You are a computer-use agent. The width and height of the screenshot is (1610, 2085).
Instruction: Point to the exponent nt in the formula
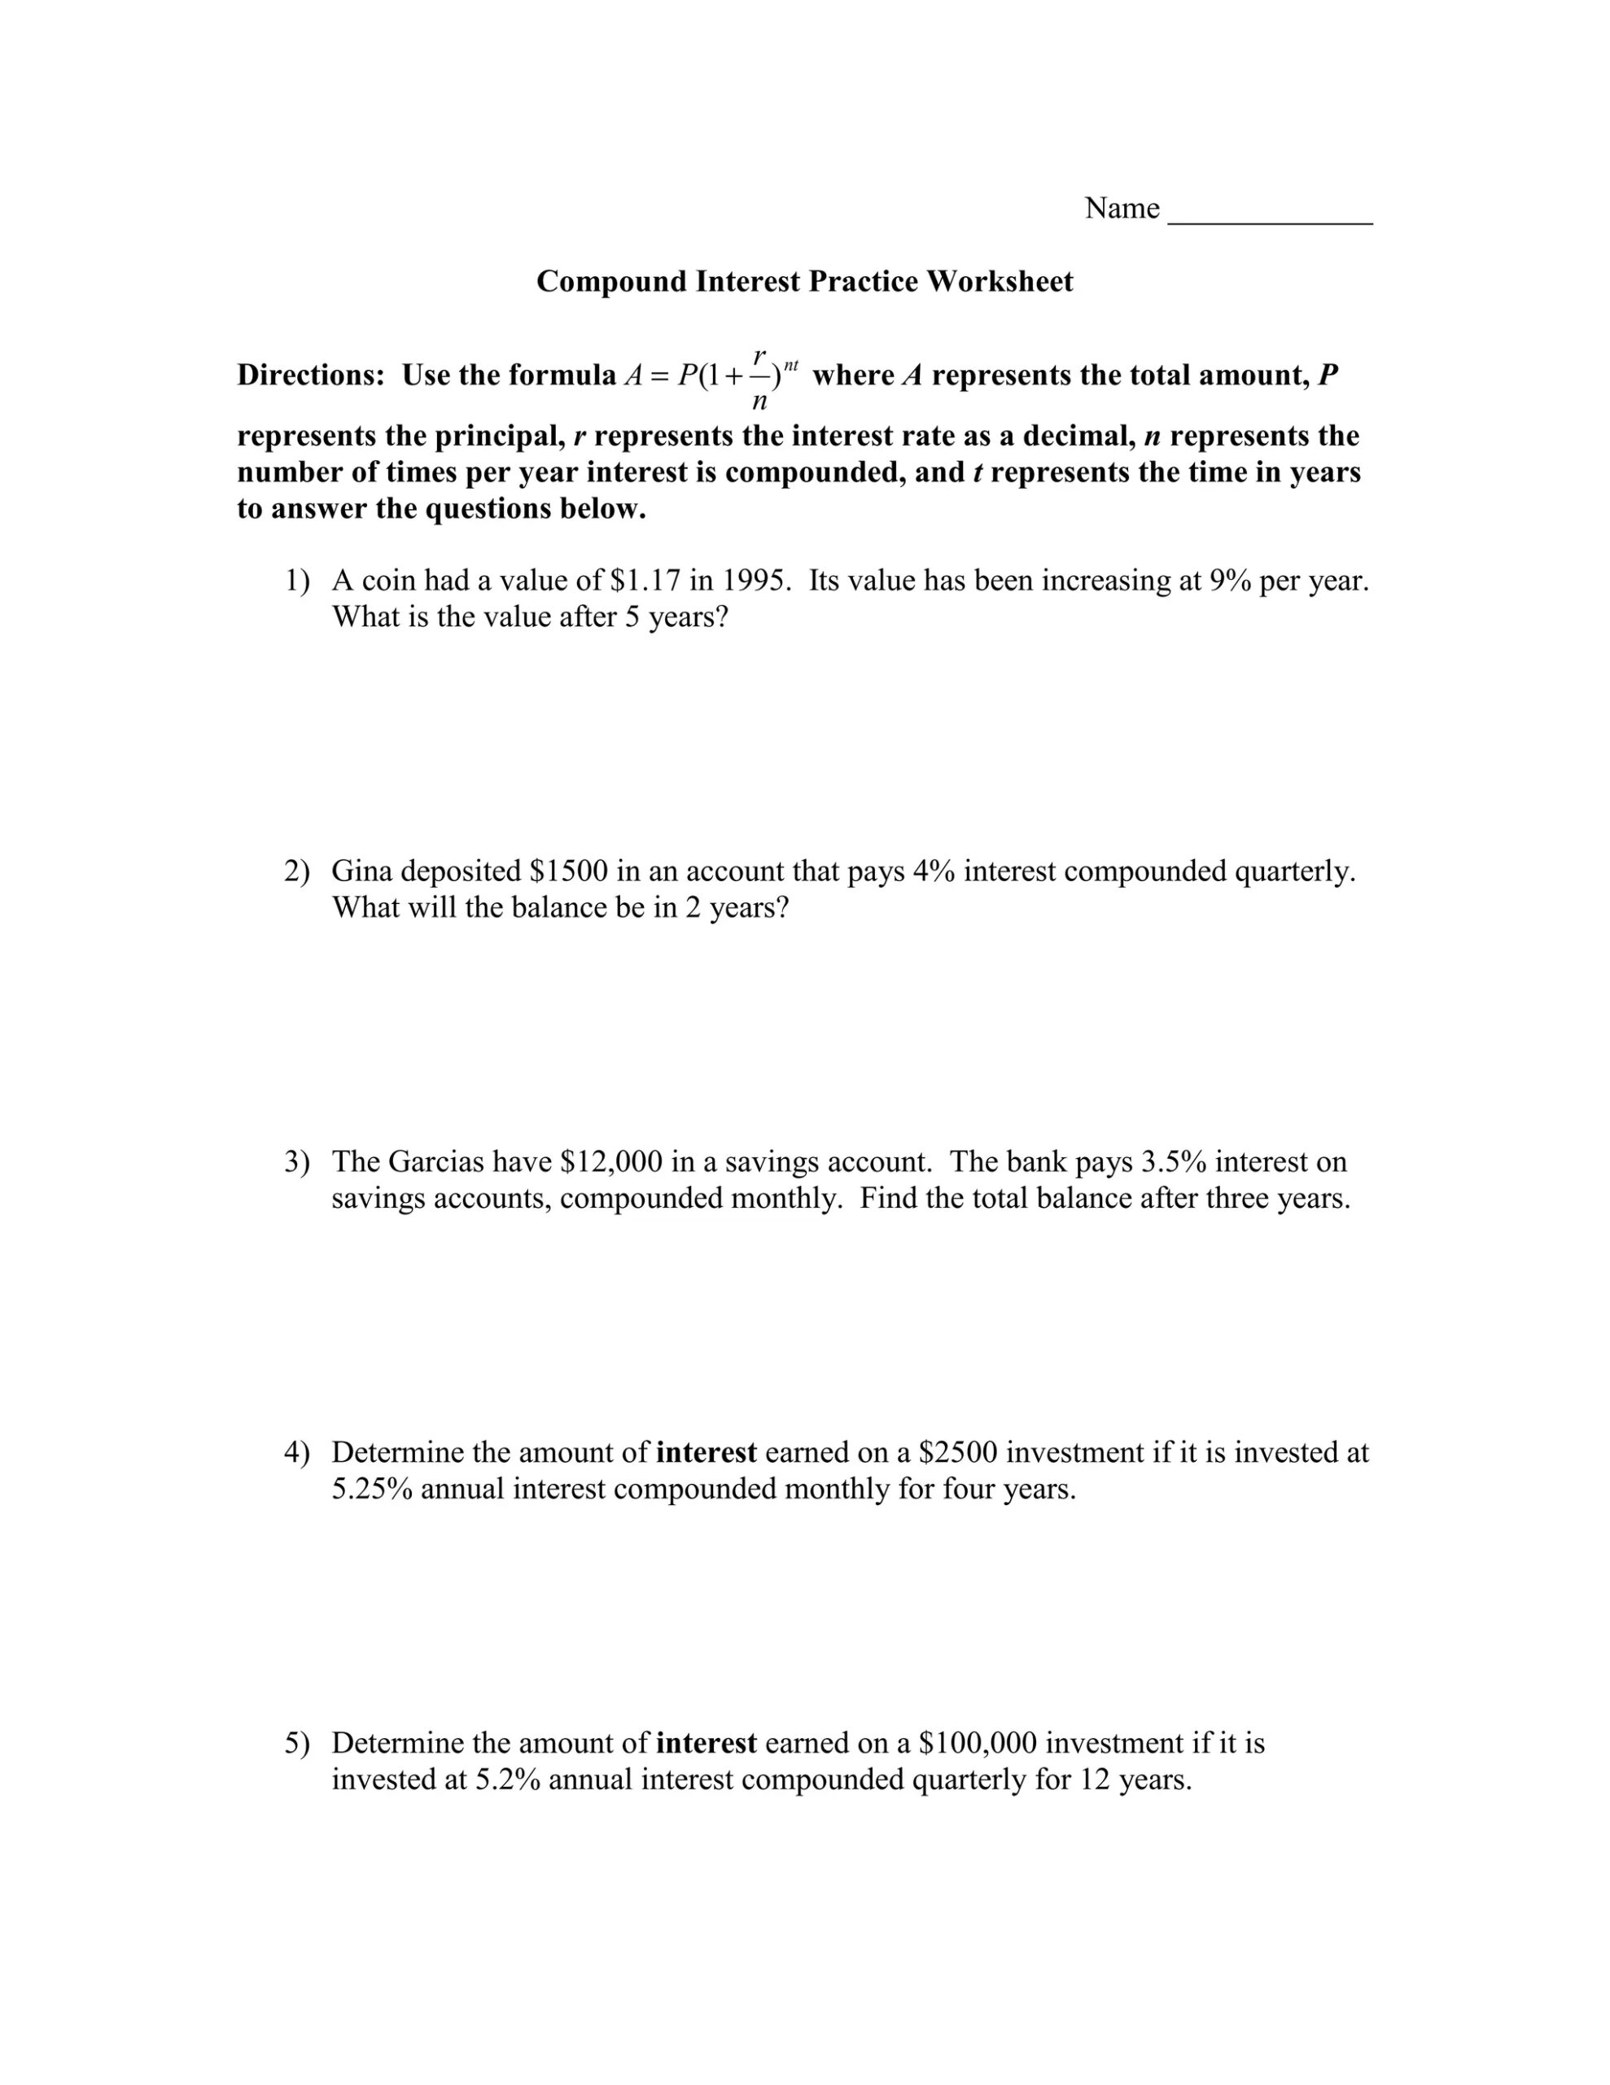[790, 365]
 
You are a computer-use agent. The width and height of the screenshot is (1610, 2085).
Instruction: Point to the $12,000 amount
[610, 1162]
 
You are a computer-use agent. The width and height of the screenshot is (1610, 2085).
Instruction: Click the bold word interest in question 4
[707, 1452]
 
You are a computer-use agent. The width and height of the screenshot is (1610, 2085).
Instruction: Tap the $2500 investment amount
[957, 1452]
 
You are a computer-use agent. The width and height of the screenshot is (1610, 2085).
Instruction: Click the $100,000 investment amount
[978, 1743]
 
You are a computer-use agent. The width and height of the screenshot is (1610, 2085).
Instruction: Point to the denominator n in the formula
[759, 402]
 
